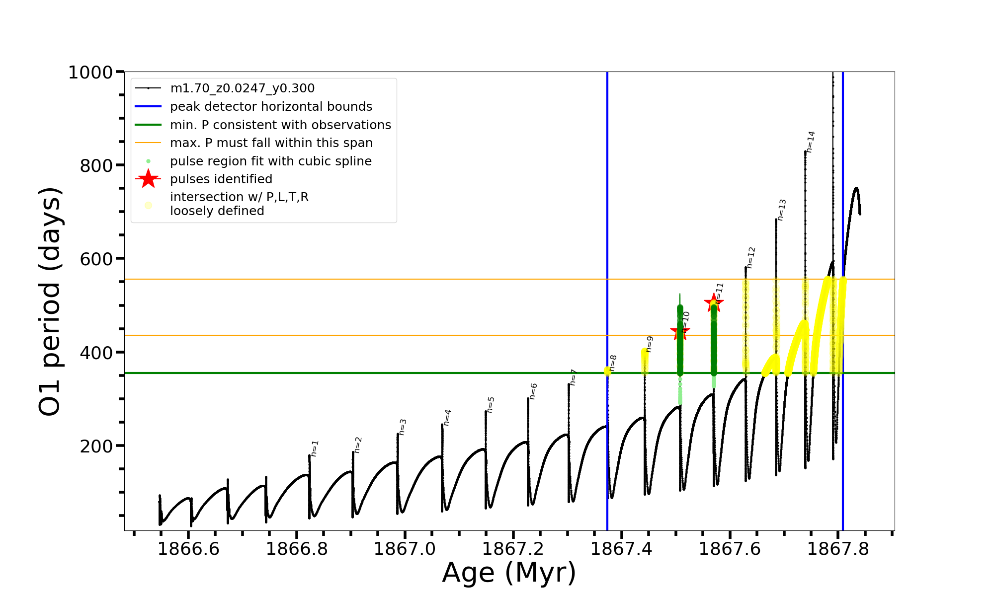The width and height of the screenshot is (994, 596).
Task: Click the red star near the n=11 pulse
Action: tap(714, 302)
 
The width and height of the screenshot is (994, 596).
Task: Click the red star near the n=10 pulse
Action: tap(680, 332)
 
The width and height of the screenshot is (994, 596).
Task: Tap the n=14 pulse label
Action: tap(811, 142)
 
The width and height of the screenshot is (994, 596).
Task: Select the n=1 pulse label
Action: tap(315, 448)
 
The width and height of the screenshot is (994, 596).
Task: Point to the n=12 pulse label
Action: tap(751, 257)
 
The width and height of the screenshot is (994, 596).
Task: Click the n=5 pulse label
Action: tap(491, 405)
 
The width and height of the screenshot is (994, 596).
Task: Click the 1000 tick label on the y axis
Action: tap(90, 73)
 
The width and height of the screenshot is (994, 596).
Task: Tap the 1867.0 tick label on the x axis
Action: tap(405, 549)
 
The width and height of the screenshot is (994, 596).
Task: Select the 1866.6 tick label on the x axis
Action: tap(188, 549)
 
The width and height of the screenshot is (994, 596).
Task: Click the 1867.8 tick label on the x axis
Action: tap(838, 549)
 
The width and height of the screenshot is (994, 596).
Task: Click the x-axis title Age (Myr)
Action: tap(509, 573)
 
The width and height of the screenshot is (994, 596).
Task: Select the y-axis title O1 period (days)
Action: tap(50, 301)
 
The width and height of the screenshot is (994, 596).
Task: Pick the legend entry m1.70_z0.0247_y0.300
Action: tap(242, 88)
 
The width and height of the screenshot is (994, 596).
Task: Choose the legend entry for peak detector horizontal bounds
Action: tap(271, 107)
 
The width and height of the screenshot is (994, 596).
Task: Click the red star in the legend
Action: tap(148, 179)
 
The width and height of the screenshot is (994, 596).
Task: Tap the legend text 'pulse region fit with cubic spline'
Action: tap(270, 161)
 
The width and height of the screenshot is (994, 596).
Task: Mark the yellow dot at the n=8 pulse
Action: tap(607, 371)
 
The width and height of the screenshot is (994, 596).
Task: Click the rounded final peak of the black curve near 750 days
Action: tap(856, 188)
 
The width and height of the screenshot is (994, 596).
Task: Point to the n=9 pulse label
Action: tap(650, 344)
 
